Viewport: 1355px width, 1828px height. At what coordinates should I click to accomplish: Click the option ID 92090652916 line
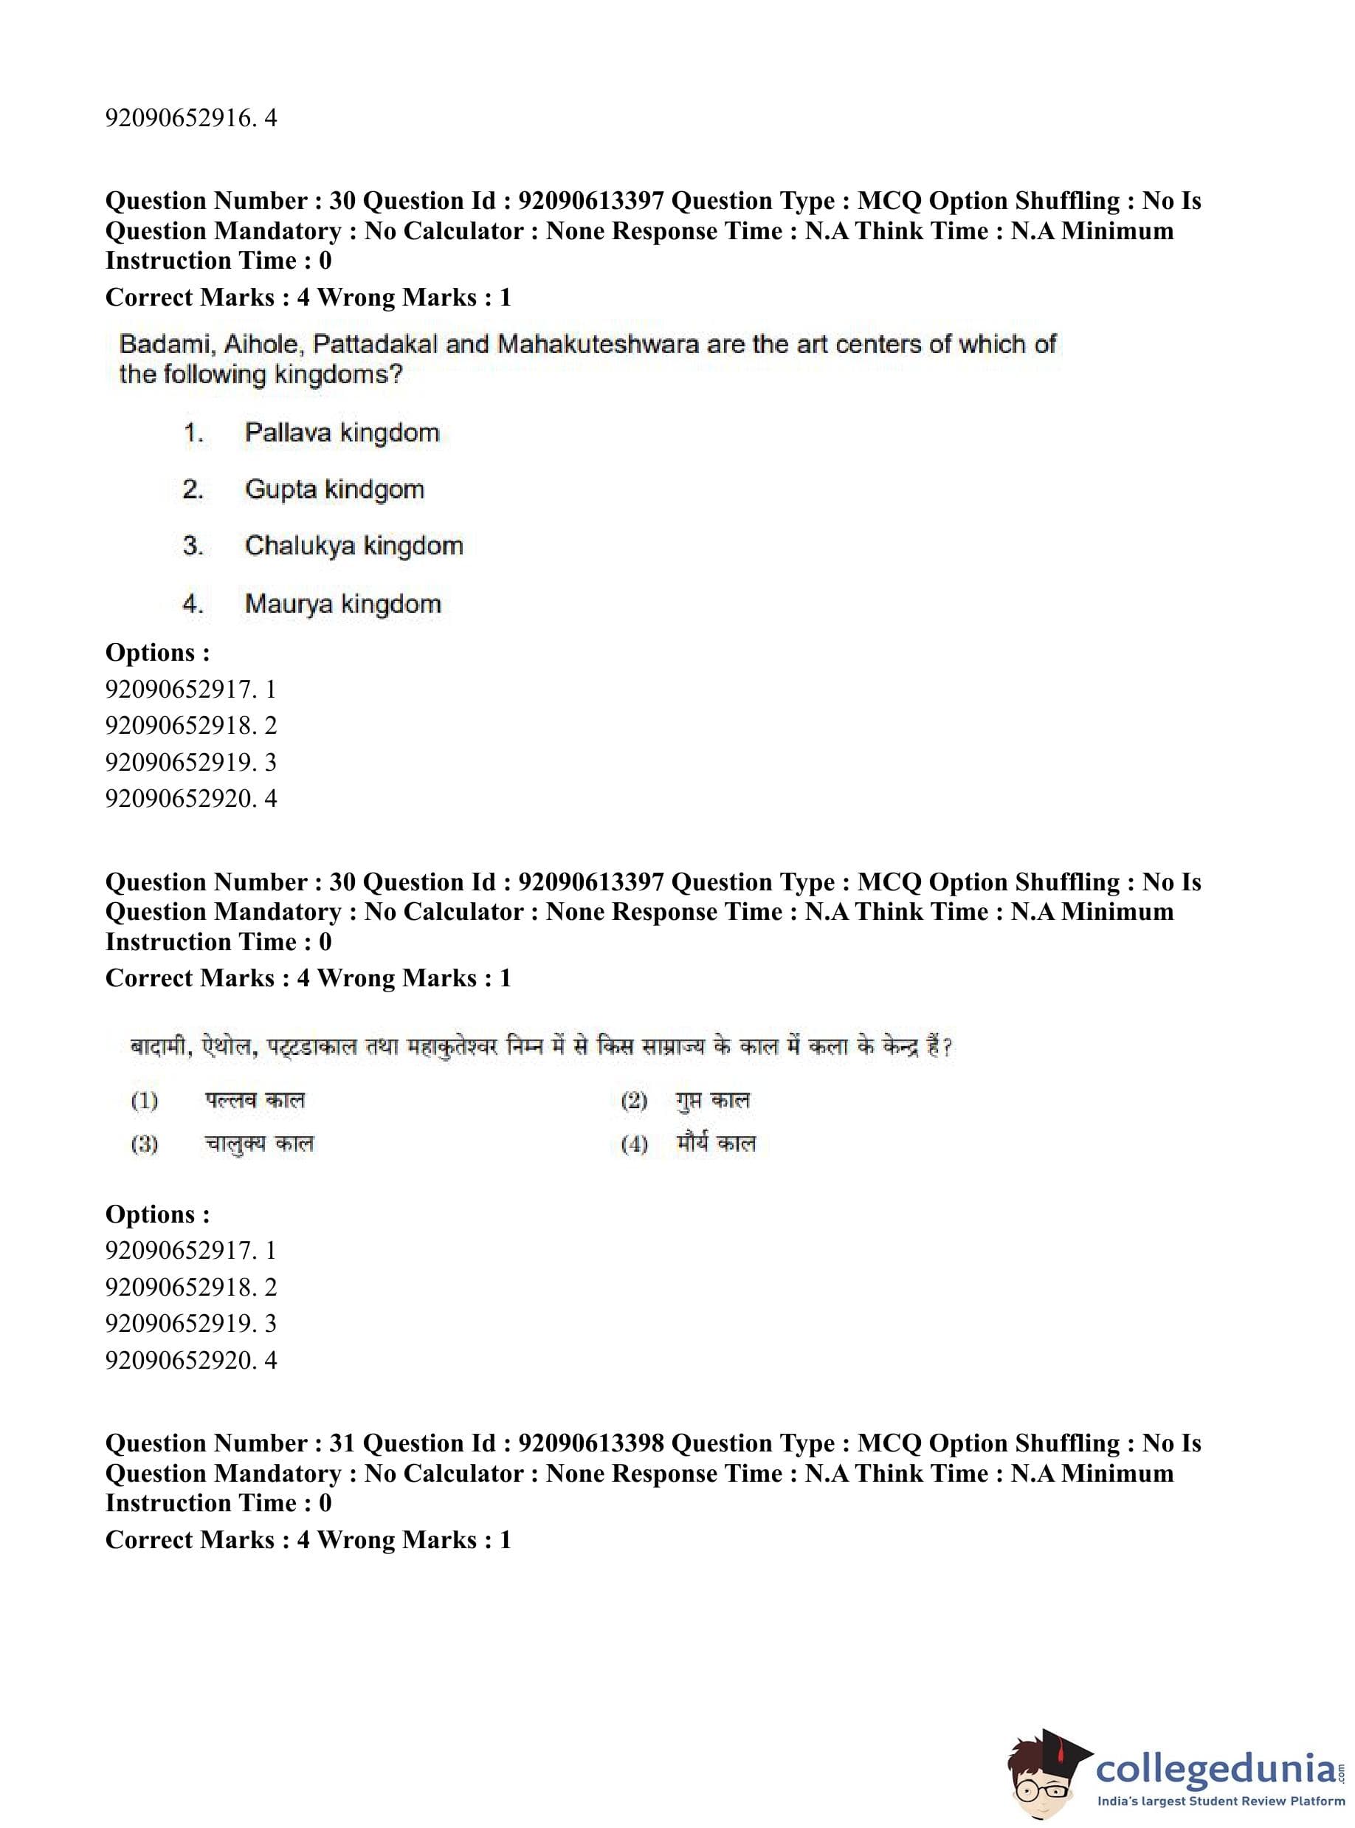(x=190, y=118)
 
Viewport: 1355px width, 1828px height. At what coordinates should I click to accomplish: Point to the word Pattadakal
(x=375, y=344)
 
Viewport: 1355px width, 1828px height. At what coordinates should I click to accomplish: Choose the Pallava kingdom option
(x=341, y=433)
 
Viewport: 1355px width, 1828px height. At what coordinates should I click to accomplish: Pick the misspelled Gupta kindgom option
(x=334, y=489)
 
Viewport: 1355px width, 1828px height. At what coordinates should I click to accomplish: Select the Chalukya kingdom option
(x=354, y=546)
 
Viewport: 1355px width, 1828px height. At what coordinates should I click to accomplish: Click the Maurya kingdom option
(x=343, y=604)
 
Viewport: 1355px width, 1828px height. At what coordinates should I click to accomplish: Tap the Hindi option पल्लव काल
(x=255, y=1099)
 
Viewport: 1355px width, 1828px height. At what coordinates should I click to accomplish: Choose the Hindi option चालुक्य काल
(x=259, y=1143)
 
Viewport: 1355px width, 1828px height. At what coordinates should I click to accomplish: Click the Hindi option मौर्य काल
(x=715, y=1143)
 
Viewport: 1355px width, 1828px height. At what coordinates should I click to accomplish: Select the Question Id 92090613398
(x=590, y=1443)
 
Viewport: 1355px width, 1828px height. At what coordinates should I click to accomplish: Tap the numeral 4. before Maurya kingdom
(x=193, y=604)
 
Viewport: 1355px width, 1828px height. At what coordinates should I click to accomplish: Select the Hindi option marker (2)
(x=634, y=1100)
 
